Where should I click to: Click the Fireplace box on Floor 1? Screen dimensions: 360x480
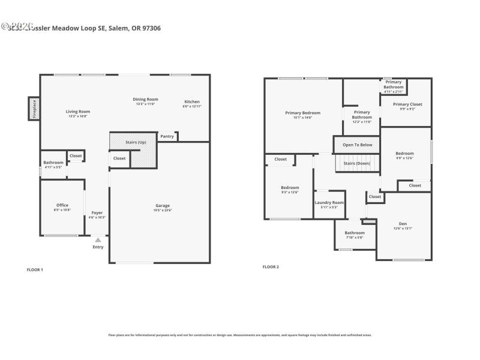coord(34,109)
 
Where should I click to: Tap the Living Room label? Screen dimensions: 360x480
coord(77,112)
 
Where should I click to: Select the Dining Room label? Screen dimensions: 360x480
coord(145,99)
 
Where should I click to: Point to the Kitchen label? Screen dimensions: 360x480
coord(191,101)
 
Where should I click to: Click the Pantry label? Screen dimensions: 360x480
coord(167,136)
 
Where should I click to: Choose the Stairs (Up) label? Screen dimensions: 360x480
coord(136,142)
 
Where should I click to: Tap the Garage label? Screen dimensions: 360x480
coord(159,205)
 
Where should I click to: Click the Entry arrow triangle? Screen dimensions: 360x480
coord(98,240)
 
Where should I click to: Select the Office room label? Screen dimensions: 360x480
coord(62,205)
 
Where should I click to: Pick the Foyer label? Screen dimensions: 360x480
coord(97,212)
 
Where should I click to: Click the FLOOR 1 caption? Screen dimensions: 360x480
coord(35,270)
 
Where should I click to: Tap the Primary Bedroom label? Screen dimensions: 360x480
coord(302,113)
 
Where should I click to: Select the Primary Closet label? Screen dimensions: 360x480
coord(407,104)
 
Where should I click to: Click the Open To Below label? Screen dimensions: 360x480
coord(357,145)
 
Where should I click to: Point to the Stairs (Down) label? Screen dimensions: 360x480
coord(356,163)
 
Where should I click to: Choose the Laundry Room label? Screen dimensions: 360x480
coord(329,203)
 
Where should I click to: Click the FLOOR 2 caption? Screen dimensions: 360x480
coord(271,267)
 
